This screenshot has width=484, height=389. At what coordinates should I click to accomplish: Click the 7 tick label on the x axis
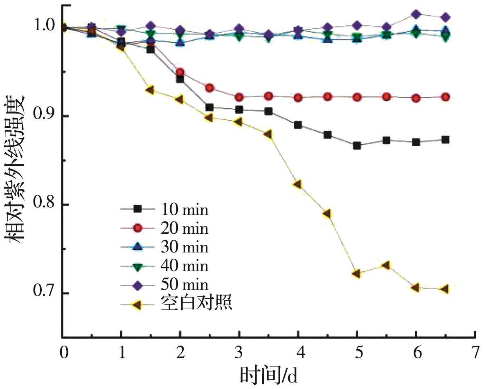coord(475,352)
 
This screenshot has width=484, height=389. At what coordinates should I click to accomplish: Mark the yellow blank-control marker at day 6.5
coord(445,289)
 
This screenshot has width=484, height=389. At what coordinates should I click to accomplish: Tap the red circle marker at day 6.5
coord(446,97)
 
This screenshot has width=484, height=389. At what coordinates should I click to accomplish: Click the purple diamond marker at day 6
coord(416,15)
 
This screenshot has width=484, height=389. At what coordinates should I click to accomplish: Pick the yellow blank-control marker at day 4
coord(297,185)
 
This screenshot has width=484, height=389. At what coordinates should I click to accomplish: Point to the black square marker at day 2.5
coord(209,108)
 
